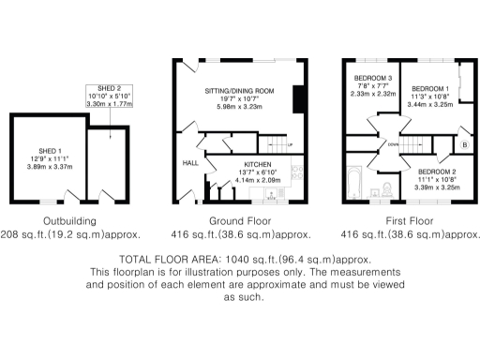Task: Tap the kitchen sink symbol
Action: (272, 198)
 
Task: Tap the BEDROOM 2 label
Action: (436, 172)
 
